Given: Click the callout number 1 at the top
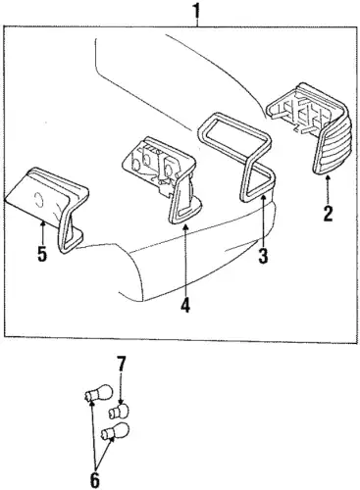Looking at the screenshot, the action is coord(196,11).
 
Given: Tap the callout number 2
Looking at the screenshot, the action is coord(328,214).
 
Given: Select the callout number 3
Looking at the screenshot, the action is coord(263,256).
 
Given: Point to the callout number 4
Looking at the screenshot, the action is coord(185,305).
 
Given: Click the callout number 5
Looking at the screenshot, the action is coord(42,254).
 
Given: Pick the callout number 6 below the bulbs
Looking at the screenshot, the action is coord(94,479).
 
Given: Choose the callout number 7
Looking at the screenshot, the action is coord(121,364).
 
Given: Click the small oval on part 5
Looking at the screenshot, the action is coord(38,199).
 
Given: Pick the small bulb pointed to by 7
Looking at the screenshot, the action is coord(119,411).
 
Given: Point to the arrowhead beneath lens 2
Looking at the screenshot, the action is coord(328,178).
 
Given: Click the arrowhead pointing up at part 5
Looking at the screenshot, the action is coord(42,223).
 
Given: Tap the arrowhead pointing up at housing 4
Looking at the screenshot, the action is coord(185,227).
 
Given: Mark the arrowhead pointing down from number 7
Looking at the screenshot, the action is coord(121,403).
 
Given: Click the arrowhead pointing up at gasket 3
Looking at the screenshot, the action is coord(263,197).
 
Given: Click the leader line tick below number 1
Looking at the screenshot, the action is coord(197,23).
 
